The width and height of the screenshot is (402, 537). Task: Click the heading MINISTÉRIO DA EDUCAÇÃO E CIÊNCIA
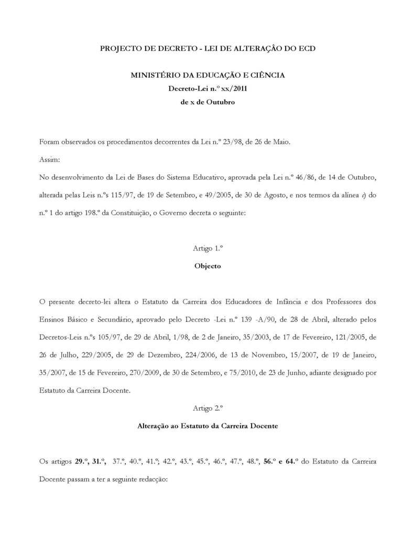208,76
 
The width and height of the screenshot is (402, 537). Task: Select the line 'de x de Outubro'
208,102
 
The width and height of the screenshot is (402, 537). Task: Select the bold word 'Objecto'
208,266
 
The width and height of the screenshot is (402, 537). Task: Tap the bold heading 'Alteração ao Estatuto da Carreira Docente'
208,426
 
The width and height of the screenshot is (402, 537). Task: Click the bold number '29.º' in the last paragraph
82,461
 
